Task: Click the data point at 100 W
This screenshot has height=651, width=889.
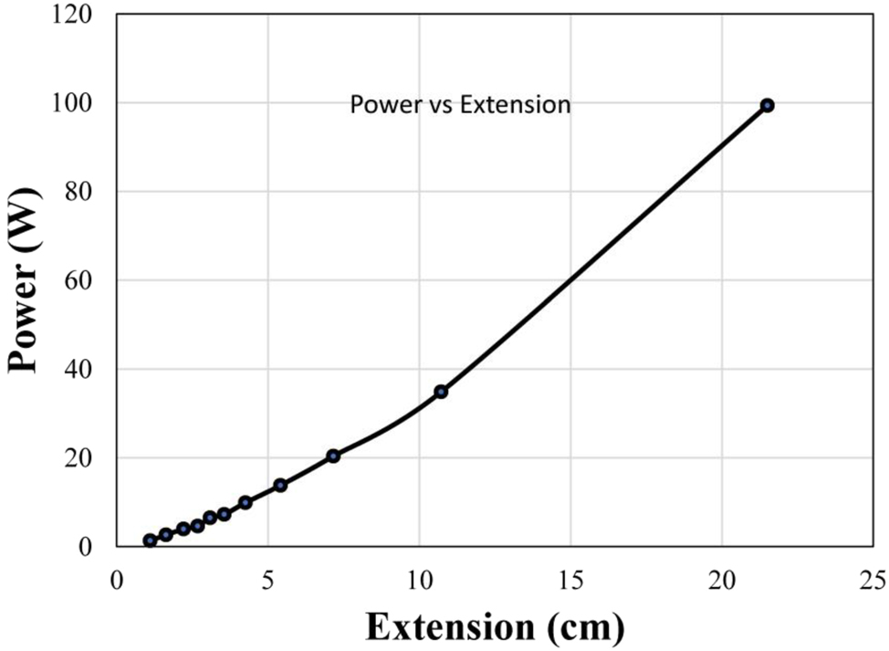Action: tap(767, 105)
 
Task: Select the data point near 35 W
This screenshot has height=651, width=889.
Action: tap(441, 391)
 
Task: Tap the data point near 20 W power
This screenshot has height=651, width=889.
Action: tap(333, 456)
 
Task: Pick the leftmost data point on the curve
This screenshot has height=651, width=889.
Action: tap(150, 541)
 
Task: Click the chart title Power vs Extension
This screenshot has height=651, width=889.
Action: tap(460, 105)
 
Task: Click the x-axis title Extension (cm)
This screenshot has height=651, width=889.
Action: tap(496, 628)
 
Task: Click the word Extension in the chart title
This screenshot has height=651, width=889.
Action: tap(515, 105)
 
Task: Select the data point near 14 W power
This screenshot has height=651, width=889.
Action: tap(280, 485)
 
